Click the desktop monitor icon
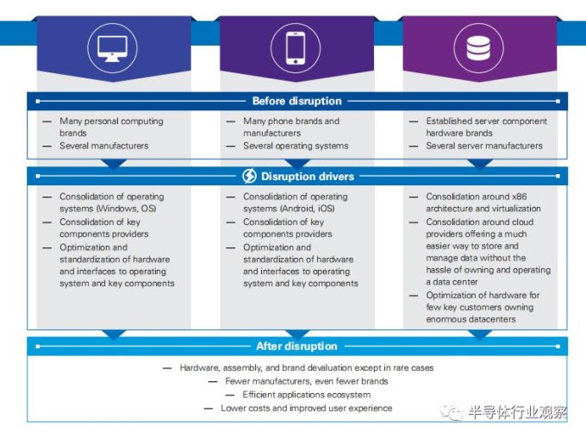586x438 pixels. (112, 48)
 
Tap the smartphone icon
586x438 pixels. (296, 48)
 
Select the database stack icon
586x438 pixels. (478, 48)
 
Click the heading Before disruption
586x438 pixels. (296, 101)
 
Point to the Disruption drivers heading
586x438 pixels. (307, 176)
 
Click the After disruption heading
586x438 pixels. (296, 347)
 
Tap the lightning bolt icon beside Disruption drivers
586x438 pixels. (249, 176)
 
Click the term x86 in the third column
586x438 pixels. (520, 197)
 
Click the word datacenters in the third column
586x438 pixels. (493, 319)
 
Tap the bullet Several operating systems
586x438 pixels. (296, 146)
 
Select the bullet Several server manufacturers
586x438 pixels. (484, 146)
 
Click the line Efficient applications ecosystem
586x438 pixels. (307, 395)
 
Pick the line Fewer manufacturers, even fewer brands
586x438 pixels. (307, 381)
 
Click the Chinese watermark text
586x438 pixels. (517, 412)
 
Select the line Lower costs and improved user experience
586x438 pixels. (307, 408)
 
